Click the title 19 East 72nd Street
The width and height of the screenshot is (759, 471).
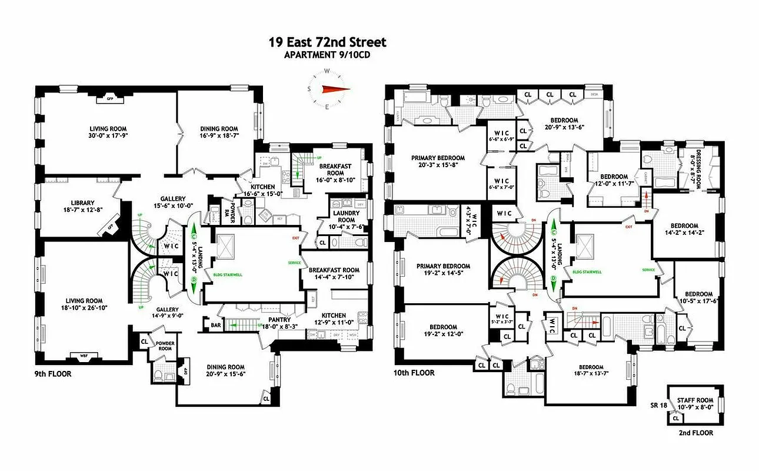coord(327,42)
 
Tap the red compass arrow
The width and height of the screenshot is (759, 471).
coord(335,89)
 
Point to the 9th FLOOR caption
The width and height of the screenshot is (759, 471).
coord(53,373)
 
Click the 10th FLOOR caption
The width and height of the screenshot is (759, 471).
coord(414,373)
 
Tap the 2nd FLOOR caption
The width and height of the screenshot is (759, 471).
coord(695,433)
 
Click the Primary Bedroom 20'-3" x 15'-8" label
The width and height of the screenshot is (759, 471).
coord(438,158)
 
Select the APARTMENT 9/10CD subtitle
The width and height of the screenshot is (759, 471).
coord(327,55)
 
